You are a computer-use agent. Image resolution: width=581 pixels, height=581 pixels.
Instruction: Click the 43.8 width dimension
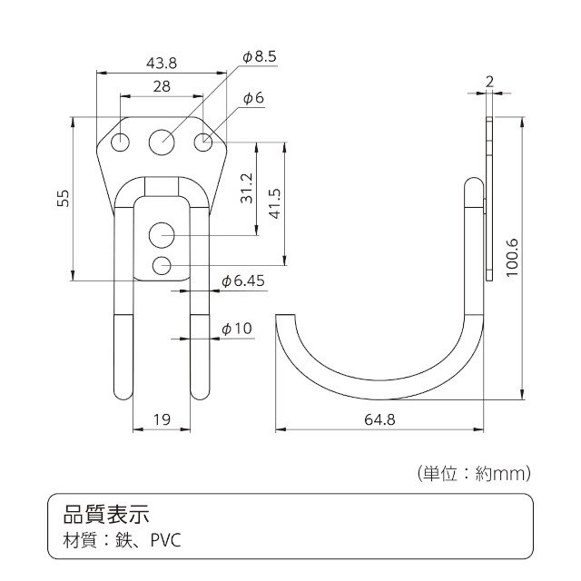click(161, 63)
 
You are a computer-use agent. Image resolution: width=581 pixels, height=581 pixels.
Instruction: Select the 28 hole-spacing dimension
click(162, 86)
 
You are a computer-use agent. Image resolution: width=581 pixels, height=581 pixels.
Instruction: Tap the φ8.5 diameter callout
click(259, 57)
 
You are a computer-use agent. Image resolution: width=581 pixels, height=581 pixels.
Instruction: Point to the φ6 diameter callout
click(253, 98)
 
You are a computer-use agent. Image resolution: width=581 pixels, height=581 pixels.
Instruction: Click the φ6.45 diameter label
click(242, 281)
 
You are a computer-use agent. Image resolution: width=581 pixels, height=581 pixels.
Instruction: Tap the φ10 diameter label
click(237, 328)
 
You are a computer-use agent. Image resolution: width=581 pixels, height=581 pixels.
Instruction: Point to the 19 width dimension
click(162, 419)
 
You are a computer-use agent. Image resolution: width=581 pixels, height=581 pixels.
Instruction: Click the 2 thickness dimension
click(489, 82)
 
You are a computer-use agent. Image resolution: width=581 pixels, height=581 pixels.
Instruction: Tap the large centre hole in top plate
click(162, 141)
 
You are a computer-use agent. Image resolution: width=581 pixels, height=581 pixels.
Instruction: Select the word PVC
click(166, 541)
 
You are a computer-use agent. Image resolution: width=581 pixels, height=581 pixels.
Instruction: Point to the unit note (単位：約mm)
click(473, 473)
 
